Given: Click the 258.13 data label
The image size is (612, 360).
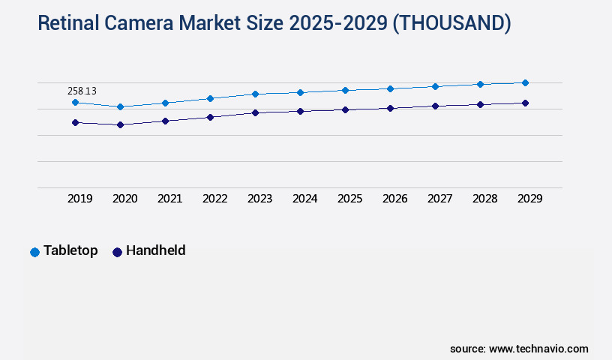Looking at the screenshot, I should (x=82, y=91).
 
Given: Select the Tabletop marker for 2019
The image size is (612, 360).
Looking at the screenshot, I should (x=75, y=102).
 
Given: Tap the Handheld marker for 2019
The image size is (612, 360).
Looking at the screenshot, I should (x=75, y=122).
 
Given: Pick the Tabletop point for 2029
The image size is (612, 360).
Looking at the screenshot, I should (x=525, y=82).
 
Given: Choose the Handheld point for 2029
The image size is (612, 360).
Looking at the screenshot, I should (x=525, y=103).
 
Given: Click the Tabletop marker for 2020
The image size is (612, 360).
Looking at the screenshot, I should (x=120, y=106).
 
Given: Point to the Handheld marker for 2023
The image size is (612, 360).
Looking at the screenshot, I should (x=255, y=112).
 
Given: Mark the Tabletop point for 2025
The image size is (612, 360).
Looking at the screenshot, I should (x=345, y=90).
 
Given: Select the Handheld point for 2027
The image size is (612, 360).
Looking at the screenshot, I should (x=435, y=106).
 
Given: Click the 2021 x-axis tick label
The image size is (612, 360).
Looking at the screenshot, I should (x=170, y=199).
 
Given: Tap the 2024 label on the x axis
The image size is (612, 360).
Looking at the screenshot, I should (x=305, y=199).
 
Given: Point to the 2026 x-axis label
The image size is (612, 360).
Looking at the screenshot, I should (x=395, y=199).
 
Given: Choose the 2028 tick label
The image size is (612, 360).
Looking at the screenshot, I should (x=485, y=199).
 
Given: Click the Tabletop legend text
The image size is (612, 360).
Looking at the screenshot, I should (x=70, y=250).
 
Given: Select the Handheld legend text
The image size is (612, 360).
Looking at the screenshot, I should (x=155, y=250).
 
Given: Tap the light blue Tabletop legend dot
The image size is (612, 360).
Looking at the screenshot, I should (x=34, y=252).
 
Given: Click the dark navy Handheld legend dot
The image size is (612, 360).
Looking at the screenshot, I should (x=117, y=252).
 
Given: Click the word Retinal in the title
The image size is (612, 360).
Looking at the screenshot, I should (x=68, y=24).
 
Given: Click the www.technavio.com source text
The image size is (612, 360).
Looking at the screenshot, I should (x=538, y=349).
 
